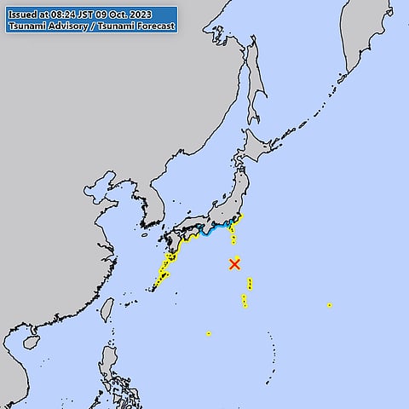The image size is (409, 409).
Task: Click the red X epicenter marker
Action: [x=234, y=264]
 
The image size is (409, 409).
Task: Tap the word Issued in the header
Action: [x=23, y=14]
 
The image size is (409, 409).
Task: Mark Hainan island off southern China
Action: [x=32, y=342]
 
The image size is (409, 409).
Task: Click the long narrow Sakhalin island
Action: [x=256, y=85]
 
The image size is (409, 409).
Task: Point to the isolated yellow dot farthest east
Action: [x=329, y=305]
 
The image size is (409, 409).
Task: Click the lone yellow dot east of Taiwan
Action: [x=208, y=333]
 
